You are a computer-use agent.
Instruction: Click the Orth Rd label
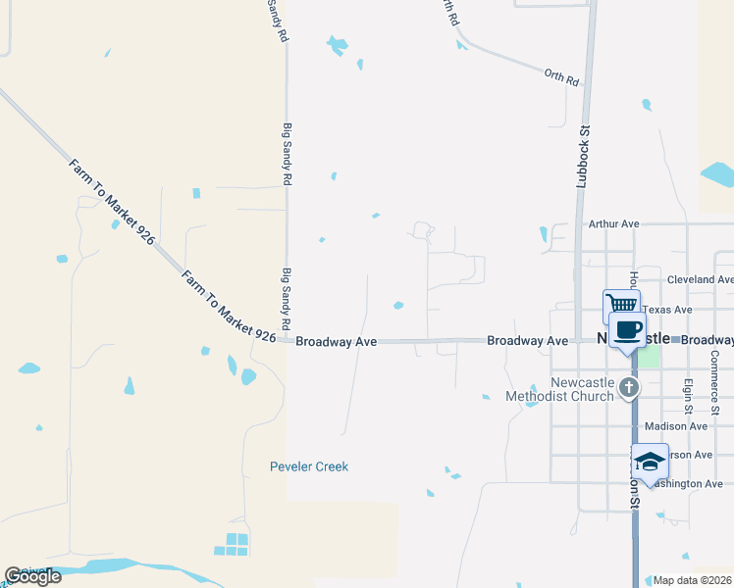point(562,75)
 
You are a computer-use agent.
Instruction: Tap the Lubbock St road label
point(583,155)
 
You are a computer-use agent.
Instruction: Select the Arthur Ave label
point(613,224)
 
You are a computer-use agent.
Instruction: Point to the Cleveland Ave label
point(700,279)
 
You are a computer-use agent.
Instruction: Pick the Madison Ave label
point(676,426)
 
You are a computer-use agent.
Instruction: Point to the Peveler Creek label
point(309,467)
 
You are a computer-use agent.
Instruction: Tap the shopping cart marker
point(620,305)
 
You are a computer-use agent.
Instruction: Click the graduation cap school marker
point(650,461)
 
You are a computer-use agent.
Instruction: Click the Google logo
point(32,576)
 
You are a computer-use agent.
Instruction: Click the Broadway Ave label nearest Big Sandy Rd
point(337,342)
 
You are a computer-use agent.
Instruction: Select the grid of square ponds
point(233,545)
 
